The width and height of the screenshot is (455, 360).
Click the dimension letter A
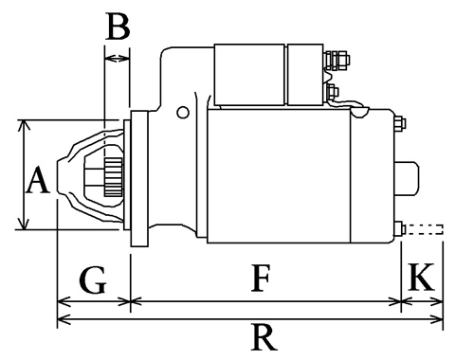tap(38, 180)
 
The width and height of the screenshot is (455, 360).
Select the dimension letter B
tap(118, 27)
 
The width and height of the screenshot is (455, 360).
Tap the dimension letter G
tap(93, 279)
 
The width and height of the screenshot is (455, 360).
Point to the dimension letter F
tap(261, 279)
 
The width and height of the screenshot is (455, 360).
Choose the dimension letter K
tap(421, 277)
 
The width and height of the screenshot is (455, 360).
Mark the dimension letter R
tap(264, 337)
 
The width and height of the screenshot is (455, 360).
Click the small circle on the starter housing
tap(183, 113)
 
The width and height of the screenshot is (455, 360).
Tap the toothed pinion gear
tap(113, 177)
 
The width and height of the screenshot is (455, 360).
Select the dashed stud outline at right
tap(424, 229)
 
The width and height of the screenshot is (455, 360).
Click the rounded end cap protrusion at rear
tap(407, 179)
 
